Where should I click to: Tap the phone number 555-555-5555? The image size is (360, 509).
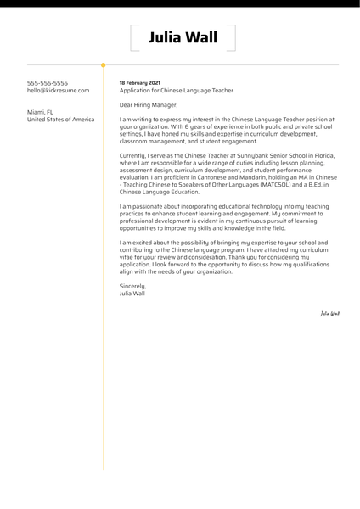(x=51, y=81)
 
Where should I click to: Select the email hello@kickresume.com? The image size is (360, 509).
(x=58, y=90)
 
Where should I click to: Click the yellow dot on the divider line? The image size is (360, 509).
(x=104, y=64)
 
